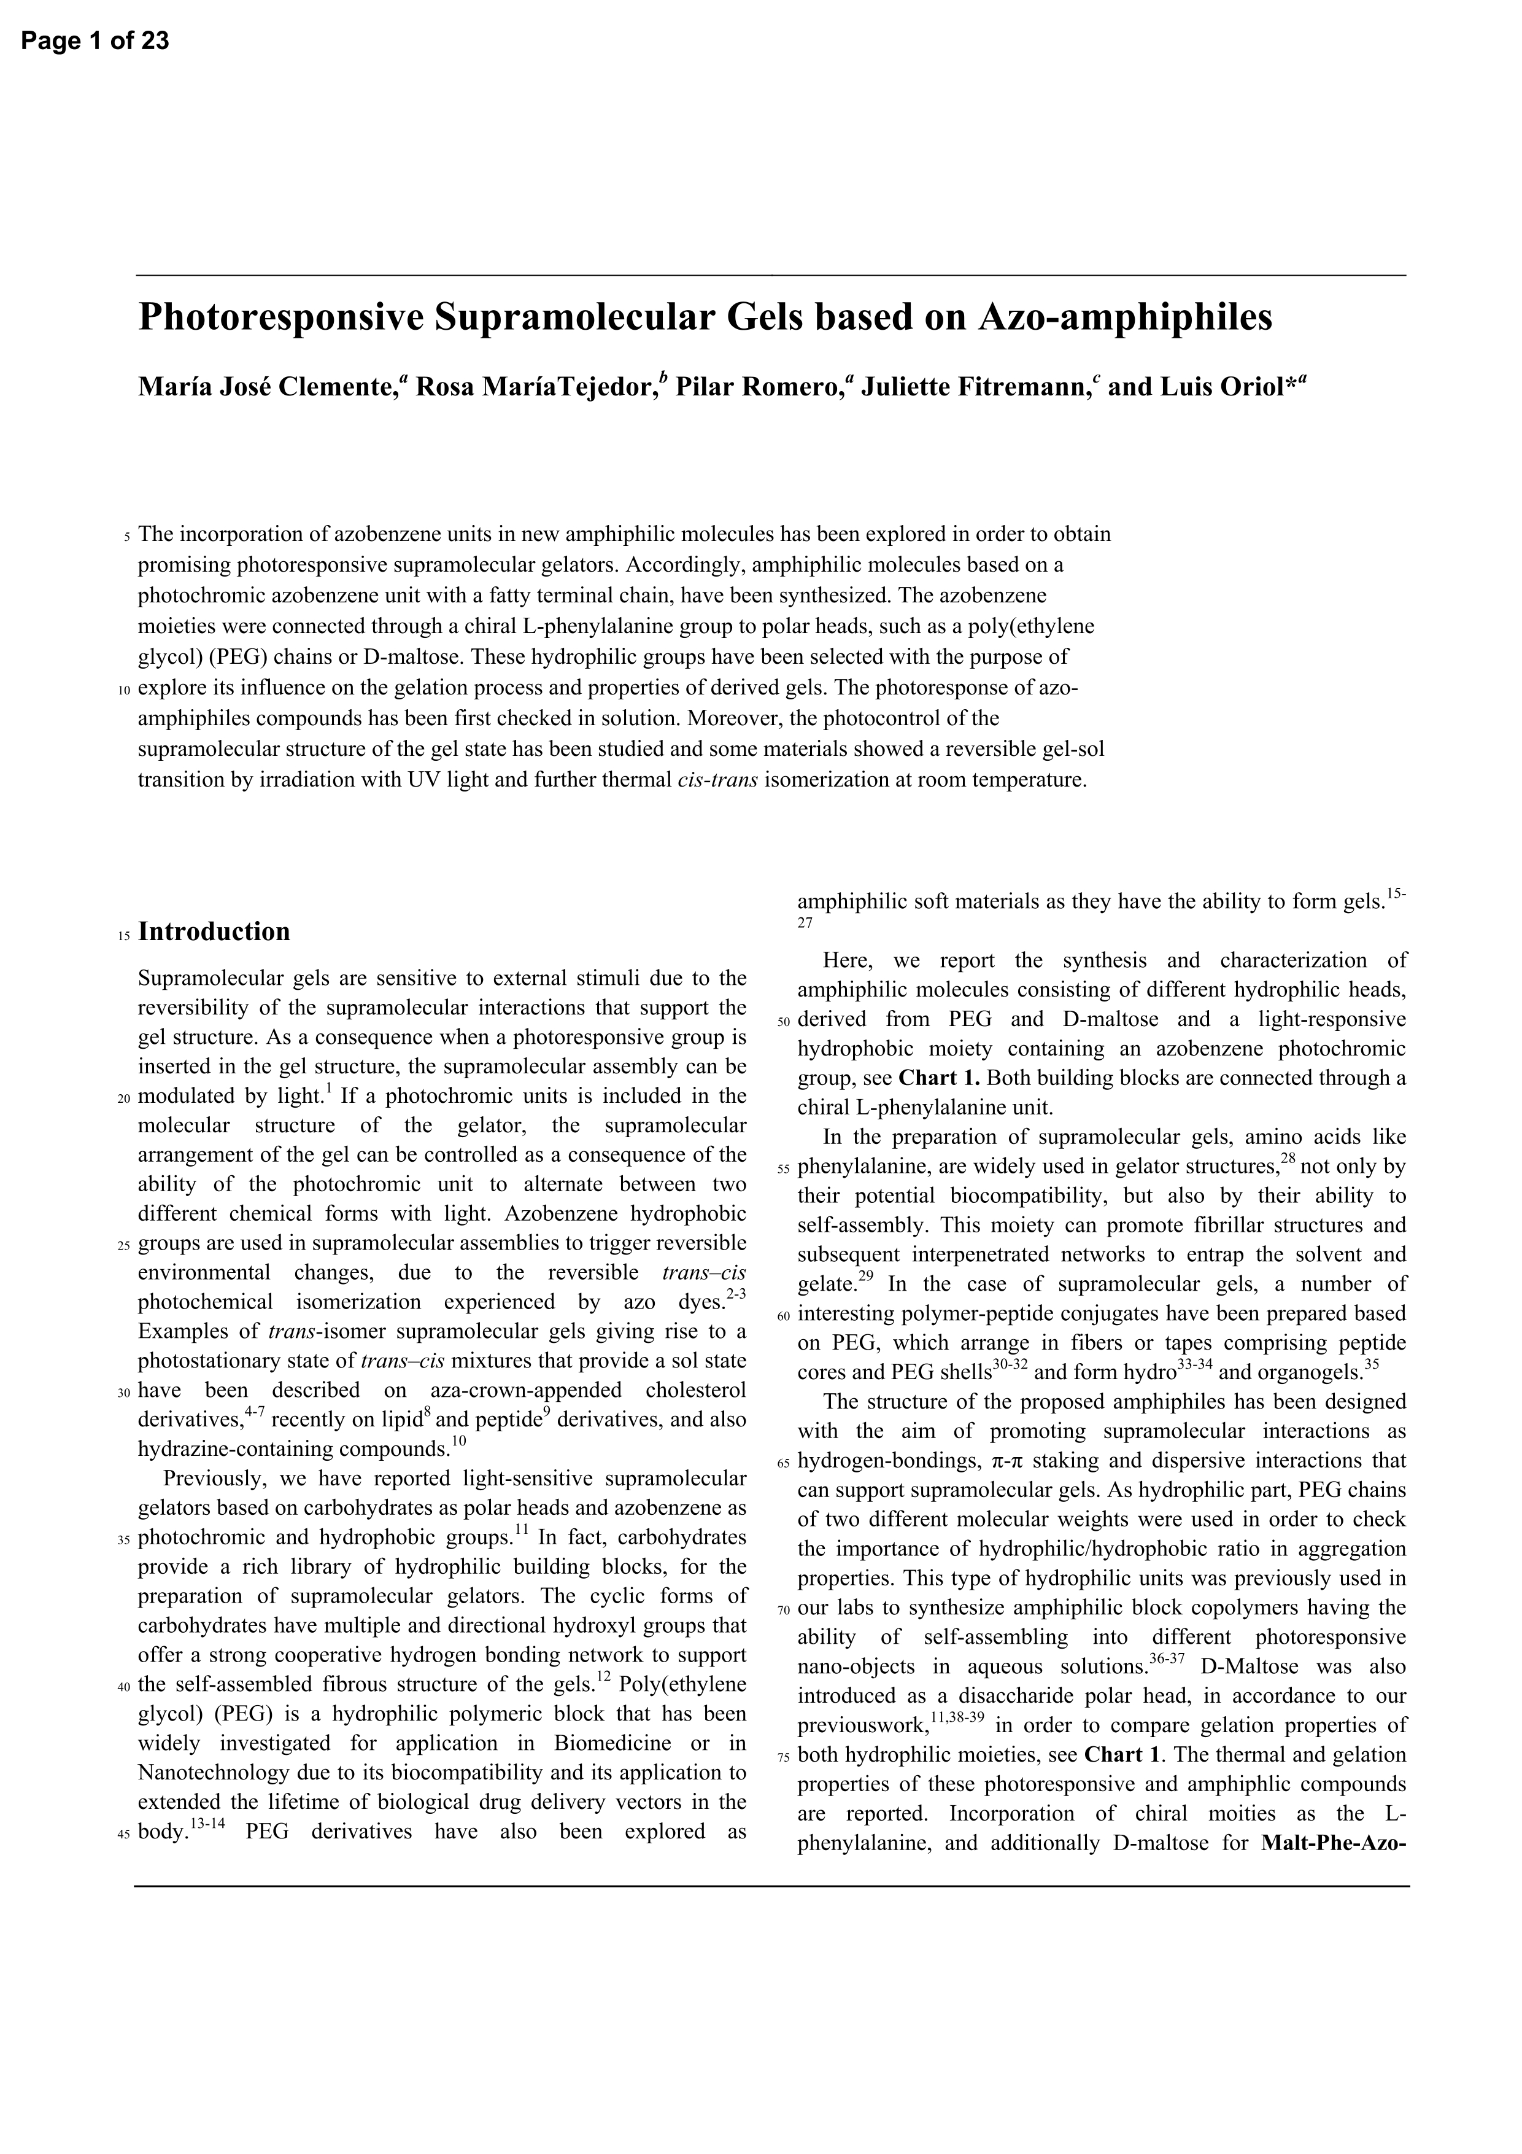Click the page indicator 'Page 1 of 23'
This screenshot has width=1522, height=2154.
[x=95, y=41]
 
